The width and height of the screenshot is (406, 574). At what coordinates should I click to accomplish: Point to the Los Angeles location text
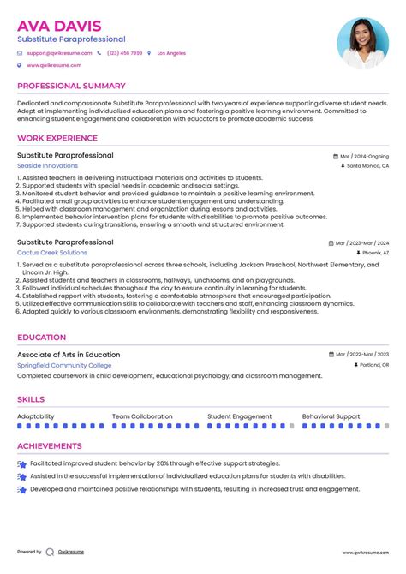[171, 53]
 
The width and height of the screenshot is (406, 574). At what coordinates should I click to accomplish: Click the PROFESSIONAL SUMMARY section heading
[71, 86]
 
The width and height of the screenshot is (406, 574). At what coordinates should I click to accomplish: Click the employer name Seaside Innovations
[47, 166]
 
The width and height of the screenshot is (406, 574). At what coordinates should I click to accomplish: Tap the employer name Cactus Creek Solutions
[51, 253]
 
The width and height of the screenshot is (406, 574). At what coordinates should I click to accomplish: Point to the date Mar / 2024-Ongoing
[364, 157]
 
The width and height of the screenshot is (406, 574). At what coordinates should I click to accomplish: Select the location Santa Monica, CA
[367, 167]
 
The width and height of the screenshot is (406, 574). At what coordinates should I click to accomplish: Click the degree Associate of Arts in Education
[69, 355]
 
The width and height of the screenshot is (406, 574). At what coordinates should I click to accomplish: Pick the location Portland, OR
[373, 365]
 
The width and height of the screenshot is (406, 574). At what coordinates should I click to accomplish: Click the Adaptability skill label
[36, 416]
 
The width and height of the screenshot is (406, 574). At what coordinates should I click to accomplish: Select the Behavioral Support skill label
[331, 416]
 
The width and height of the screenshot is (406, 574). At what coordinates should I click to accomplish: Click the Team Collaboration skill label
[142, 416]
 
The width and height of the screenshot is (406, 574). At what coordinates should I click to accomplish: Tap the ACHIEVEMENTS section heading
[51, 445]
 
